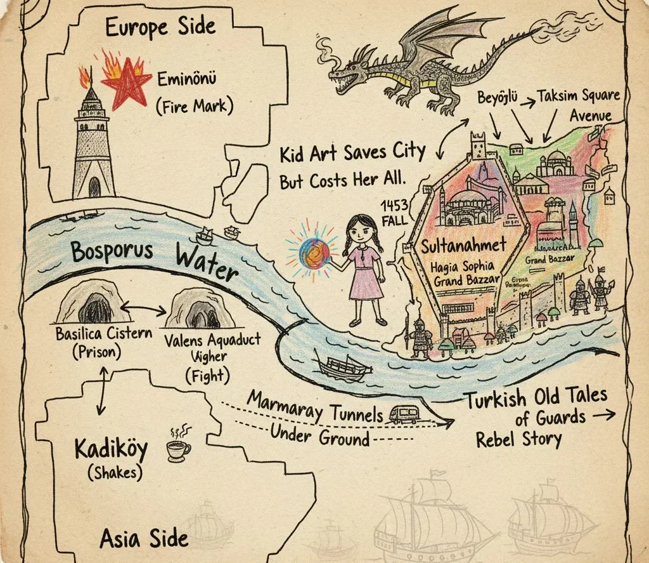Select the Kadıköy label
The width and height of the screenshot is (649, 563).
click(111, 449)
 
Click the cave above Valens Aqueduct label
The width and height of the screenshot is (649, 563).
click(199, 308)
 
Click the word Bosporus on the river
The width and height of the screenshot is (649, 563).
click(112, 251)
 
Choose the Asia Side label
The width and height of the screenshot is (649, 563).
click(144, 538)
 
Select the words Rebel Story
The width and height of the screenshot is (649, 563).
click(518, 439)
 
